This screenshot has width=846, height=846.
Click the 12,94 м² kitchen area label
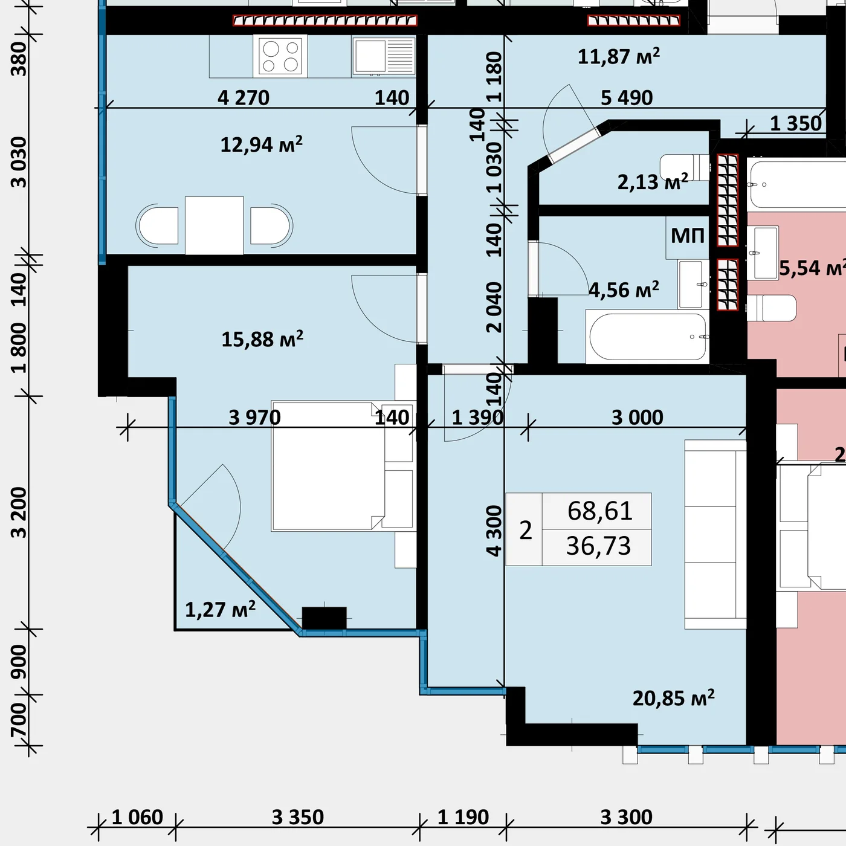(x=261, y=144)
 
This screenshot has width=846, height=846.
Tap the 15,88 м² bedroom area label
(x=262, y=339)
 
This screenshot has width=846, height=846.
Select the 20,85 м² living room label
(x=673, y=697)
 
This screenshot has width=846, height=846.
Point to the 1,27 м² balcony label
(x=220, y=609)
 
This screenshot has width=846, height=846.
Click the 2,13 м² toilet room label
(x=653, y=182)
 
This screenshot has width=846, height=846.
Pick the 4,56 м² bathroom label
(x=624, y=290)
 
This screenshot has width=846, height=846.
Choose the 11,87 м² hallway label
(x=619, y=57)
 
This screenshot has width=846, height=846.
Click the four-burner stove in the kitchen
(x=280, y=56)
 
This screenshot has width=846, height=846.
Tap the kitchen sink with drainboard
(x=384, y=56)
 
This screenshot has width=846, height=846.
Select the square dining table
(x=215, y=225)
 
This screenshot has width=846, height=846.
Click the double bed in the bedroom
(x=328, y=467)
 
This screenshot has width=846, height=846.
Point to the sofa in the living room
(x=715, y=534)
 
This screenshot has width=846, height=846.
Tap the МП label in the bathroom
(x=688, y=236)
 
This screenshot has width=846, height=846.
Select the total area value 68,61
(x=599, y=511)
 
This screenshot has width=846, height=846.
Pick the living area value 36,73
(x=598, y=546)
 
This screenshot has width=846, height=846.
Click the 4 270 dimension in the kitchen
(x=244, y=97)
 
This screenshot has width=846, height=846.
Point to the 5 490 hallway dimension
(x=627, y=97)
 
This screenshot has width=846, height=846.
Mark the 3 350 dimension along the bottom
(x=298, y=818)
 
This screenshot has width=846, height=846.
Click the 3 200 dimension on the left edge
(x=19, y=512)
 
